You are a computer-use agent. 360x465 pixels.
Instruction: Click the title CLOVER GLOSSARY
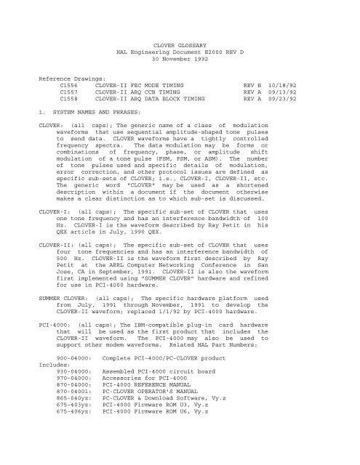180,44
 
